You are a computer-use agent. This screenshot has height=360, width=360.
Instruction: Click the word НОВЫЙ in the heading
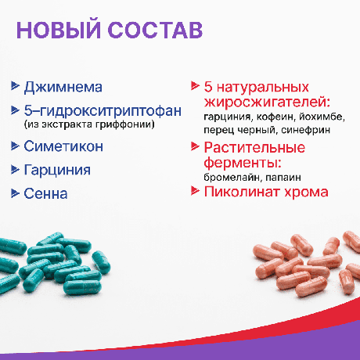tap(63, 31)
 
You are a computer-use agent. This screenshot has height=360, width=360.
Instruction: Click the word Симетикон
tap(64, 146)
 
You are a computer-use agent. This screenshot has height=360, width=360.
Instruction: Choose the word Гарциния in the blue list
tap(58, 169)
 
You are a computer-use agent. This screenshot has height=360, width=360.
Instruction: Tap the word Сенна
tap(46, 193)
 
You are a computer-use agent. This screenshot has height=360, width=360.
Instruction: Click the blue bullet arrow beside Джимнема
tap(17, 87)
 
